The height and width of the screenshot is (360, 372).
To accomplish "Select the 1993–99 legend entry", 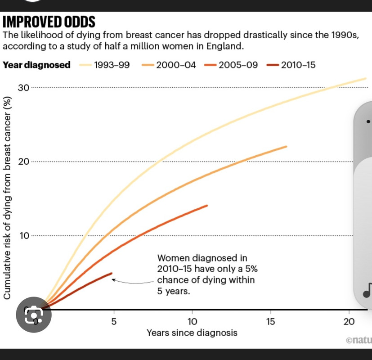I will coord(105,65).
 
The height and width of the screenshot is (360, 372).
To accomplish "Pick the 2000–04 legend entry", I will coord(170,65).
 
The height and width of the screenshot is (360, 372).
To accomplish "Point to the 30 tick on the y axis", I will coord(23,87).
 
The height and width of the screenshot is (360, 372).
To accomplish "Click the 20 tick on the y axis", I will coord(23,162).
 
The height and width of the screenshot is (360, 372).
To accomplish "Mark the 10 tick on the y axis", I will coord(23,236).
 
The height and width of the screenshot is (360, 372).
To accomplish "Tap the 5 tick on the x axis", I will coord(114,322).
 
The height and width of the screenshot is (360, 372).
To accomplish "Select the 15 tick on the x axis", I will coord(270,322).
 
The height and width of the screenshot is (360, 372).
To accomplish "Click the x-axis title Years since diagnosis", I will coord(192,333).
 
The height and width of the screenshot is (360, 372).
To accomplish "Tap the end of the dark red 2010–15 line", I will coord(111,274).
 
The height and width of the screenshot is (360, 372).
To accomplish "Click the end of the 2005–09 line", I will coord(207,206).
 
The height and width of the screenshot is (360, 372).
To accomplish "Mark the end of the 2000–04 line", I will coord(286,146).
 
